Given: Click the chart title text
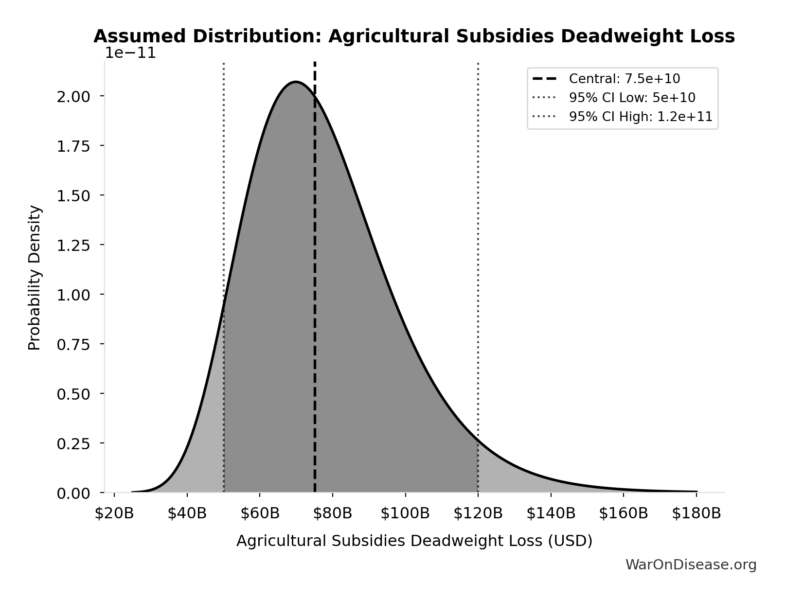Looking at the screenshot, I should [x=414, y=36].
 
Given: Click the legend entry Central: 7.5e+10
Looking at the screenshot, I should [x=624, y=79].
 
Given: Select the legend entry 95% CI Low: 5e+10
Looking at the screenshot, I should [x=632, y=98].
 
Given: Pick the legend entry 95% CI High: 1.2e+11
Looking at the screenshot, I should [x=640, y=117].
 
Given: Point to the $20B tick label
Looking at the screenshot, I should [x=114, y=513].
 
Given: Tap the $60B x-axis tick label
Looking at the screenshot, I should [x=260, y=513].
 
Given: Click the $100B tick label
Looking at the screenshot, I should [x=405, y=513].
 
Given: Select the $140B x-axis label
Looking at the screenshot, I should [x=551, y=513].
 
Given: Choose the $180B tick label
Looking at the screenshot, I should [x=696, y=513].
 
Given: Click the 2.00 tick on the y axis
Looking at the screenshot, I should [x=73, y=96].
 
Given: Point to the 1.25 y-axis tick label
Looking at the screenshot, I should [x=73, y=245].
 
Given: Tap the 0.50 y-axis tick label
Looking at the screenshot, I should [x=73, y=394].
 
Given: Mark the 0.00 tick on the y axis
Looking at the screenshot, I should [x=73, y=494].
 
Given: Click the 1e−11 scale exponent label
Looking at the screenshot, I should [x=131, y=53].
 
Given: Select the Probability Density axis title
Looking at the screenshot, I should [x=35, y=278].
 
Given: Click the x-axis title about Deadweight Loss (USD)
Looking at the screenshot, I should [x=414, y=541].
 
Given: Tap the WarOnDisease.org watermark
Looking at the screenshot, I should [x=691, y=565].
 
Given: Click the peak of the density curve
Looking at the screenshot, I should [x=296, y=82].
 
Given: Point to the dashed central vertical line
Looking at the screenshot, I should [x=315, y=292].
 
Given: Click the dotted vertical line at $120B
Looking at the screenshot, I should [x=478, y=243].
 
